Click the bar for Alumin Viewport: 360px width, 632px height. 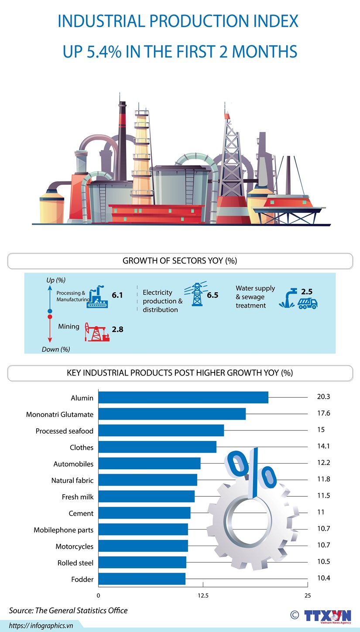(183, 397)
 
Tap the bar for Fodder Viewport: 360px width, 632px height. (141, 579)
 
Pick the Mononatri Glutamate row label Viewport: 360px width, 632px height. (60, 414)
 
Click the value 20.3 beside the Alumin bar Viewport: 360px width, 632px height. (323, 397)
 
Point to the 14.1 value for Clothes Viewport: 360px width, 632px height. (323, 446)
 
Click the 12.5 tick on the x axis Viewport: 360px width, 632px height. (203, 595)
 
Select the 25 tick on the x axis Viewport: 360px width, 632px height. (308, 595)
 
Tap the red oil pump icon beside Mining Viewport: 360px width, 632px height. (97, 332)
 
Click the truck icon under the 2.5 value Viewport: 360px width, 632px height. (308, 304)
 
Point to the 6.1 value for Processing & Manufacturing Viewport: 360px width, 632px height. (117, 295)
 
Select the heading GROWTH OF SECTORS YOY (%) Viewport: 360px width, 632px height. (180, 261)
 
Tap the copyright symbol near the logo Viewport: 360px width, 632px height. (295, 615)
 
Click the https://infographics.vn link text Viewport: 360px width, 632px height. (41, 625)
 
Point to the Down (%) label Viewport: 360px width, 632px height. (56, 349)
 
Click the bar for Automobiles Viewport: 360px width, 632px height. (149, 463)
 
